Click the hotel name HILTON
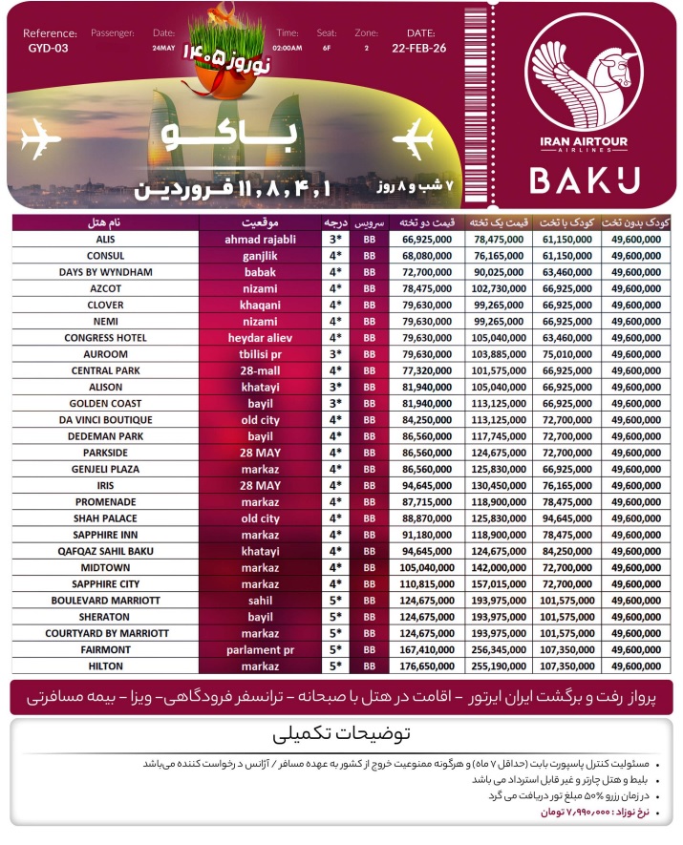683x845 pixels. click(x=105, y=665)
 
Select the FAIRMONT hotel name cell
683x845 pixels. click(x=105, y=649)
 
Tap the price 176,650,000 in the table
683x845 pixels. click(x=427, y=665)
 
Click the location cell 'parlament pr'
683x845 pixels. click(x=260, y=649)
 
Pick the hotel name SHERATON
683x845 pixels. click(x=105, y=616)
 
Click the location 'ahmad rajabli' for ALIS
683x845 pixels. click(x=260, y=239)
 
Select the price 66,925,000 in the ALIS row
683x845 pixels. click(x=427, y=239)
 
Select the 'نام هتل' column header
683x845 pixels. click(x=105, y=222)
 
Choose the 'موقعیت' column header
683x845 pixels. click(x=260, y=222)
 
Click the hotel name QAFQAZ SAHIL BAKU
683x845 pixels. click(x=105, y=550)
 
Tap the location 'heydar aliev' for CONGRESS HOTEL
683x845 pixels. click(x=260, y=338)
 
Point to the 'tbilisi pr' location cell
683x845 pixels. click(x=260, y=354)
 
